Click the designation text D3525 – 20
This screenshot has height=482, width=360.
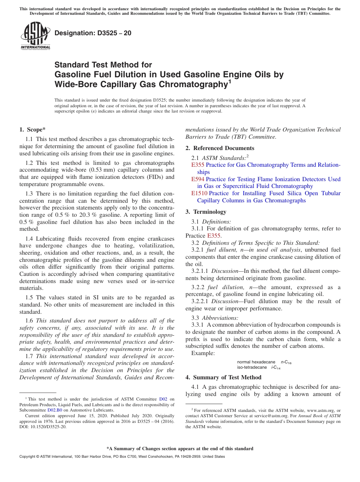coord(93,33)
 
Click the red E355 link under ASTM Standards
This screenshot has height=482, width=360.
coord(198,165)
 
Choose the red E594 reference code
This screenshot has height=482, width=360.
coord(198,179)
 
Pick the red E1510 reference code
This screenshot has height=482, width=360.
coord(199,193)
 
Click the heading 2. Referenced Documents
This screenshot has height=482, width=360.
coord(220,148)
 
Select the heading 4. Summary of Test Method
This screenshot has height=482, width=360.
coord(223,377)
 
